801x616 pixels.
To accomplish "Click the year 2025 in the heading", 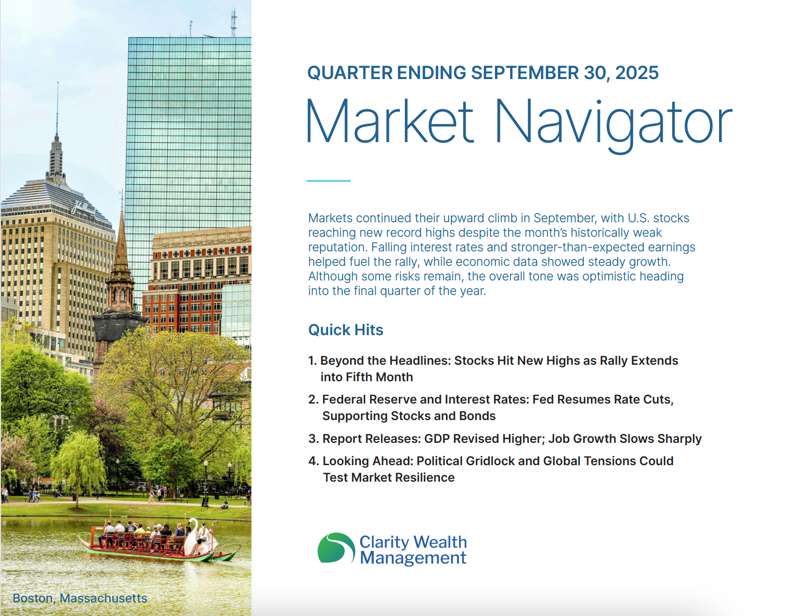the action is [x=637, y=73].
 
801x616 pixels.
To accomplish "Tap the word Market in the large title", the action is [x=390, y=122].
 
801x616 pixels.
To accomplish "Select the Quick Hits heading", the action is [x=346, y=330].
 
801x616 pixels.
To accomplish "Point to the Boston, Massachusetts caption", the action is [x=80, y=598].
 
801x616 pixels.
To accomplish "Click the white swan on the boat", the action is [x=195, y=538].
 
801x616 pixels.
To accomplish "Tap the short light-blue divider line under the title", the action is [x=328, y=180].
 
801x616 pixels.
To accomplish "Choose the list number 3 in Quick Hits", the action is [x=313, y=438].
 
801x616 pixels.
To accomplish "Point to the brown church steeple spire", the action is [x=121, y=243].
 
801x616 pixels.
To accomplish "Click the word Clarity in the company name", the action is [x=384, y=542].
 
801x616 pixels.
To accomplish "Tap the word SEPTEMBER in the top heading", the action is [x=525, y=73].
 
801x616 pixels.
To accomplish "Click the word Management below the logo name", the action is [x=413, y=558].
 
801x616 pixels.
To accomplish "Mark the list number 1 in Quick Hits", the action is [x=312, y=360].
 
